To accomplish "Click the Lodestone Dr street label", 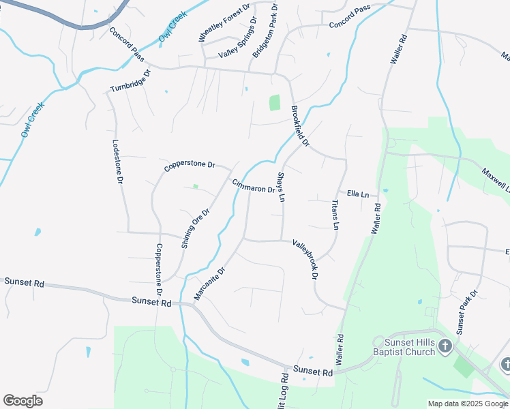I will (x=117, y=161).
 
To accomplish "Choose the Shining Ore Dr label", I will (x=195, y=228).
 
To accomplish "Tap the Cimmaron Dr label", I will (x=253, y=185).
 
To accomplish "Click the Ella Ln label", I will (x=358, y=194).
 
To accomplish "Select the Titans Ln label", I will (x=335, y=215).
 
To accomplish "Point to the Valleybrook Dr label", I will (x=305, y=259).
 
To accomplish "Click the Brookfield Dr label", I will (x=300, y=126).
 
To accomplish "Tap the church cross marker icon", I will (x=445, y=346).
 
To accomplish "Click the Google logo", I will (x=22, y=401).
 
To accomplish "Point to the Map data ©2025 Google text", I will (x=467, y=404).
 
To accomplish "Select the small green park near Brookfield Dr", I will (x=275, y=103).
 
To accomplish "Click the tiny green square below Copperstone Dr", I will (x=196, y=186).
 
